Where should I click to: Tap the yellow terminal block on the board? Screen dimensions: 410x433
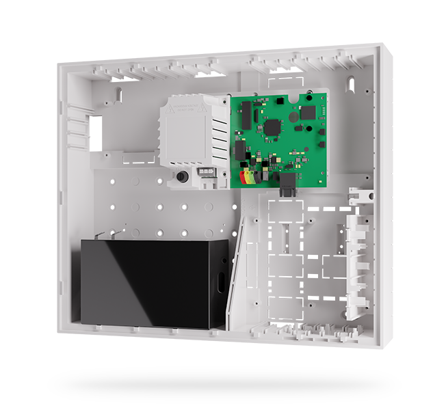250,177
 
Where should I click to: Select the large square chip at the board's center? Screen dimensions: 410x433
273,126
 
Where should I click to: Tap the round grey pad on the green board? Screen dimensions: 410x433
294,117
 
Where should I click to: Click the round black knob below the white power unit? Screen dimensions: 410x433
182,176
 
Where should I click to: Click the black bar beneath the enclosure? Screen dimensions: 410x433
224,385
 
